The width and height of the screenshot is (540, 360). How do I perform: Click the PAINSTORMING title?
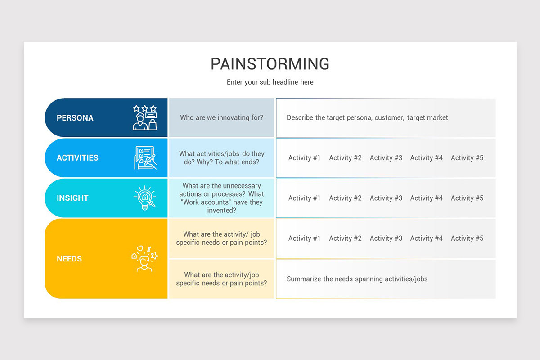tap(270, 64)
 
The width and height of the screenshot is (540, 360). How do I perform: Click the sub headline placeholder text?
tap(270, 82)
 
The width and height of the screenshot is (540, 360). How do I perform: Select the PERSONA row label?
tap(75, 118)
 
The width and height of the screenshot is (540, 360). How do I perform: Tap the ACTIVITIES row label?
tap(77, 158)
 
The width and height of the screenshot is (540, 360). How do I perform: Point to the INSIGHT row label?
tap(72, 198)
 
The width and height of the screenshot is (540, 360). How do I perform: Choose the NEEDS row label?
tap(69, 259)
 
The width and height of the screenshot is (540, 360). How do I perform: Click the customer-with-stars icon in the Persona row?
tap(145, 118)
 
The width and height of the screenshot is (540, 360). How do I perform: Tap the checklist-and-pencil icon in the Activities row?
tap(145, 158)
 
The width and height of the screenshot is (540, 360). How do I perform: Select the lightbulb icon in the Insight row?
tap(145, 198)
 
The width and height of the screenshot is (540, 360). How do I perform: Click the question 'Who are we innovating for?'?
tap(221, 117)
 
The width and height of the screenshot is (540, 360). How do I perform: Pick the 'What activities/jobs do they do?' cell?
tap(221, 157)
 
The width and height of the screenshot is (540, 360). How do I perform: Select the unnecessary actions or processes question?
tap(221, 198)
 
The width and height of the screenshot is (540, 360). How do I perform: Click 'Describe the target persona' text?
tap(367, 117)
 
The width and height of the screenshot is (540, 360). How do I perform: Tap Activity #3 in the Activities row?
tap(386, 158)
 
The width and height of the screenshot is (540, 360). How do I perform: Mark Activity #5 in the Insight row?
tap(467, 198)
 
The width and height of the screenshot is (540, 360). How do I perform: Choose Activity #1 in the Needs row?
tap(305, 238)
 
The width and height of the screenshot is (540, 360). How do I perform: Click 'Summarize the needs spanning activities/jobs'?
tap(357, 279)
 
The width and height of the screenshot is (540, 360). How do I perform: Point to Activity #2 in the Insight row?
tap(345, 198)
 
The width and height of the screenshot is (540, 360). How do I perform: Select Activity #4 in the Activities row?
tap(427, 158)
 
